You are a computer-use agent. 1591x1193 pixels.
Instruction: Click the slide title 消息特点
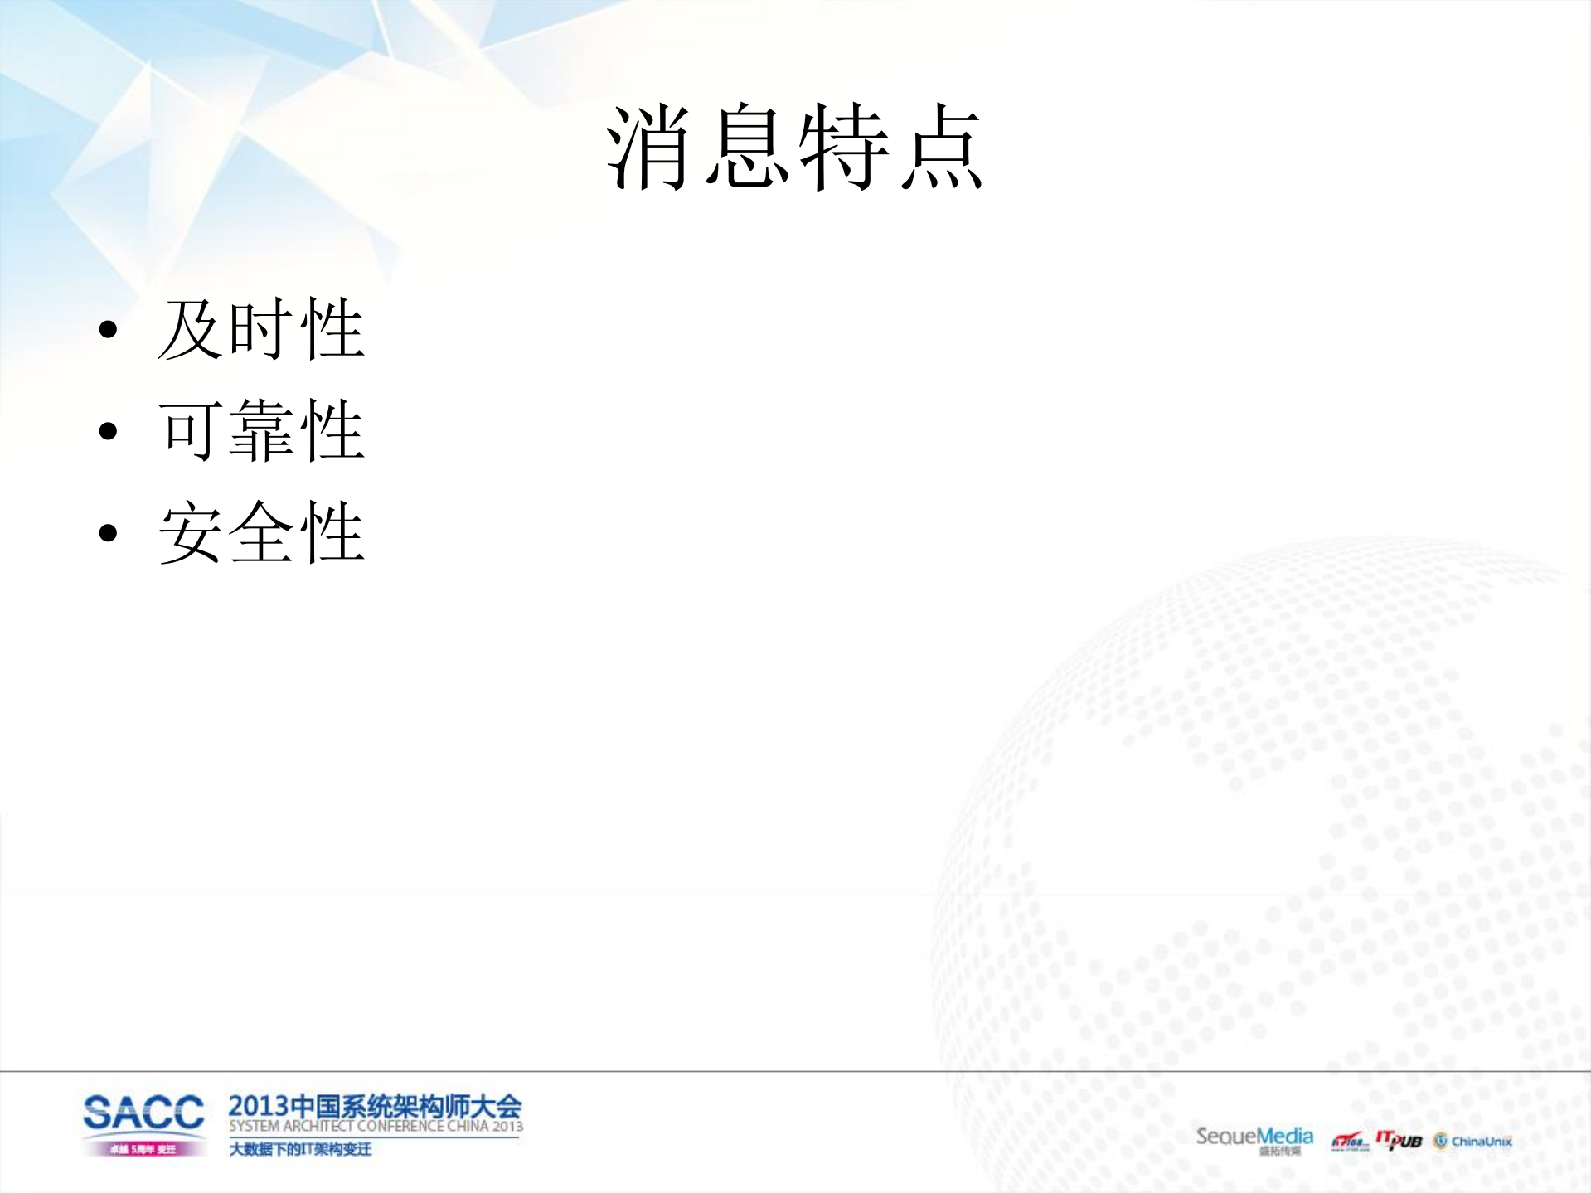point(794,147)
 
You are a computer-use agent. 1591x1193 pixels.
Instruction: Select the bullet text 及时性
point(261,329)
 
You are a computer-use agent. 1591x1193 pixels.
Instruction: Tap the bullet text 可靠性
point(261,430)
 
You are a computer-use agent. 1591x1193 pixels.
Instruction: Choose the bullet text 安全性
point(261,532)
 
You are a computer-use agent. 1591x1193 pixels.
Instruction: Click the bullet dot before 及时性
point(108,330)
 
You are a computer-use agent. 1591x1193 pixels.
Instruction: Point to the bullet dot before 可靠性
point(108,431)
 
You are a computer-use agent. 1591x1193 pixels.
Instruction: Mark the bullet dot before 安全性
point(108,532)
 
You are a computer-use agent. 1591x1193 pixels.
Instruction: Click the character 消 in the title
point(649,147)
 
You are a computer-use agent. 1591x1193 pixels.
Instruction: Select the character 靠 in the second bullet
point(261,430)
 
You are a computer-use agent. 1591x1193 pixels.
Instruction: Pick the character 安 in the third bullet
point(191,532)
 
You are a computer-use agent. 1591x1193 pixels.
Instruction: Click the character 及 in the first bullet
point(191,329)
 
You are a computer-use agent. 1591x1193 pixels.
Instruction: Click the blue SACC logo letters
point(143,1112)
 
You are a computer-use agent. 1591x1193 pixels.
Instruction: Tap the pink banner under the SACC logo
point(143,1149)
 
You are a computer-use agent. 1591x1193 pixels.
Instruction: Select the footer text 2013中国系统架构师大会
point(375,1106)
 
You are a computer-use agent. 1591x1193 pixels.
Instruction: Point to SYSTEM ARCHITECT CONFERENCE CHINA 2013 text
point(376,1127)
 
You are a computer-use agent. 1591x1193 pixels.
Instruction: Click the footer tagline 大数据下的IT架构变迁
point(300,1149)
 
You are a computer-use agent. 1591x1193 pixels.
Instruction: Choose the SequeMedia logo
point(1254,1137)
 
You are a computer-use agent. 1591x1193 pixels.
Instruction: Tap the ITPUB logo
point(1399,1140)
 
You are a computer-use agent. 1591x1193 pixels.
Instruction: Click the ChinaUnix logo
point(1473,1142)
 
